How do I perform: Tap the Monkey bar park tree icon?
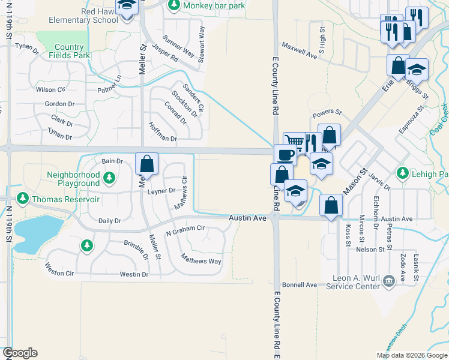[174, 5]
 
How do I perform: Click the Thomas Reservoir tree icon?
[23, 198]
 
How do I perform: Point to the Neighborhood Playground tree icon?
[109, 177]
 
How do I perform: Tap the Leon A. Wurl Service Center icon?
[388, 279]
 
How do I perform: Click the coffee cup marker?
[285, 155]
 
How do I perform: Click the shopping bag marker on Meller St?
[147, 163]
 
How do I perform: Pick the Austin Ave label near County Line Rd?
[247, 218]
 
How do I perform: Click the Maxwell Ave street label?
[298, 55]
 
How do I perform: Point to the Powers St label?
[326, 112]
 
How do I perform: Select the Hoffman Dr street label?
[163, 139]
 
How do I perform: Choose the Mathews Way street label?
[202, 261]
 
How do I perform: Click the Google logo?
[20, 353]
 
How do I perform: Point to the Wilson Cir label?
[50, 90]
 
